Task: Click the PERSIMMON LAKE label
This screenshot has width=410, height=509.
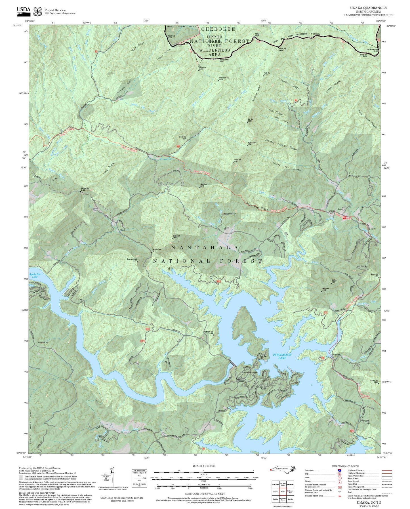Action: (x=282, y=356)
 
